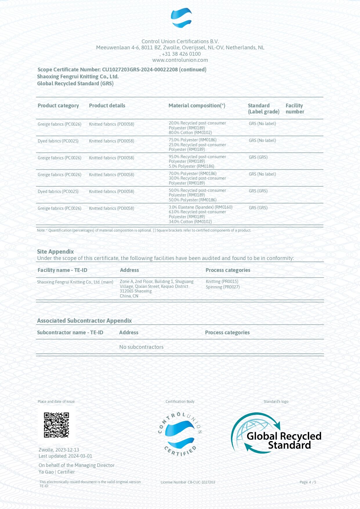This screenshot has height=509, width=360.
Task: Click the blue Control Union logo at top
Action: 181,18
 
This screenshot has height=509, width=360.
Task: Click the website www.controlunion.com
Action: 180,60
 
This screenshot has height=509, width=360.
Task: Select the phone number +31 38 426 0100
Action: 181,54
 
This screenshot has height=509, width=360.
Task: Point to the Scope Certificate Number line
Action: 122,70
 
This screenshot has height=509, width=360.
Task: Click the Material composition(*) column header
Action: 197,106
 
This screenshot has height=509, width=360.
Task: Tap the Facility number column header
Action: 295,109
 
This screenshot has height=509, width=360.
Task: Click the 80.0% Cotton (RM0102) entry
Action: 190,133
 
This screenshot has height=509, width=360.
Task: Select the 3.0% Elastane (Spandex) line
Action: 200,207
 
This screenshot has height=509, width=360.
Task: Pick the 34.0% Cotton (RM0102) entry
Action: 190,222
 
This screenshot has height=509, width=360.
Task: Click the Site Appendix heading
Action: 55,252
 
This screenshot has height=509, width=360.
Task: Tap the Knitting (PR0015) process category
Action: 222,281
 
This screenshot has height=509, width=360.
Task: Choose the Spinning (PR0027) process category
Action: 223,287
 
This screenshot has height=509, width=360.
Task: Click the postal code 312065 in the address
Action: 126,291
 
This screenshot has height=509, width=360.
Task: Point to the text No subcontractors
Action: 141,347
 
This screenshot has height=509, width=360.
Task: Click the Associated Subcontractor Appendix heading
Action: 84,321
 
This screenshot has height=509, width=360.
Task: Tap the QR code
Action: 57,425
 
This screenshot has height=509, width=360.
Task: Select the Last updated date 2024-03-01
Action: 80,456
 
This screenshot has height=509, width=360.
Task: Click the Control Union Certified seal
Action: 180,434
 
